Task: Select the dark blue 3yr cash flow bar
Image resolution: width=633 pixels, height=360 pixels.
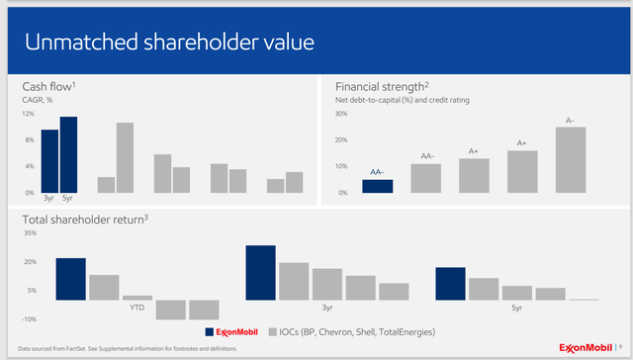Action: (x=49, y=160)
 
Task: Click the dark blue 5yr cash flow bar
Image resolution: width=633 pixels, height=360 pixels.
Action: (x=68, y=154)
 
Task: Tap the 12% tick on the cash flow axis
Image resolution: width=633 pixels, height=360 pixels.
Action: (x=28, y=114)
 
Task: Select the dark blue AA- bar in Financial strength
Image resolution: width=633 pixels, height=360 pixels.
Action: (x=377, y=186)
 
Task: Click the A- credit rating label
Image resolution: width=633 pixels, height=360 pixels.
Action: (x=570, y=121)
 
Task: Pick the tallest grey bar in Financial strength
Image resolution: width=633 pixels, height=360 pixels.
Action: (x=571, y=159)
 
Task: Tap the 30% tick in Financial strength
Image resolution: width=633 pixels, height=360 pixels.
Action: (x=341, y=114)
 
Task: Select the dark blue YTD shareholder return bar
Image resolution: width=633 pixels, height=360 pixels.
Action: (x=70, y=279)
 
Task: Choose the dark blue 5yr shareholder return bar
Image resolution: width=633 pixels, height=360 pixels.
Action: (x=450, y=283)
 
